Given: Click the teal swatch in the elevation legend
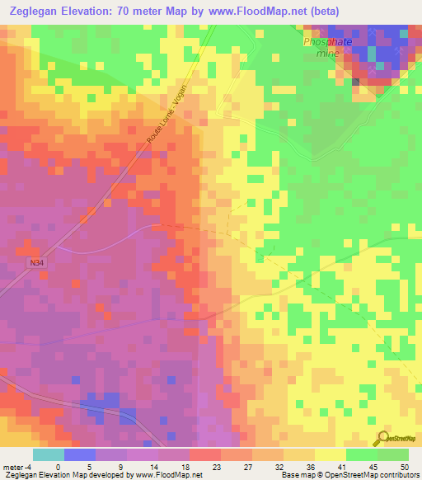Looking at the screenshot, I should click(48, 454).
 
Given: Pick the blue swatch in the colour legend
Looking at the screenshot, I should click(79, 454).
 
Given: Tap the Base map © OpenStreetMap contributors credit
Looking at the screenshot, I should click(349, 475).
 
